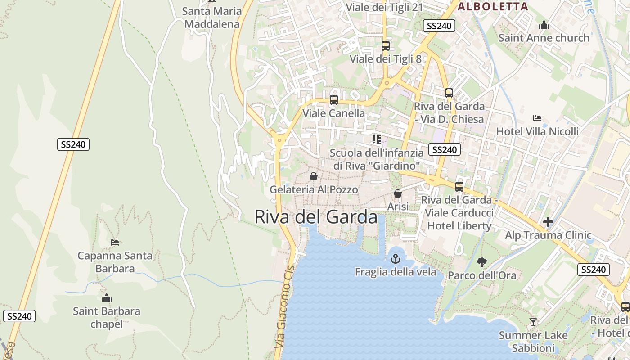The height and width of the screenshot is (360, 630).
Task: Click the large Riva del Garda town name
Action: point(316,217)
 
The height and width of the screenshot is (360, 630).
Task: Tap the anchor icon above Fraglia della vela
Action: point(395,259)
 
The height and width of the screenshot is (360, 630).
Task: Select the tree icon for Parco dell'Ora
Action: point(482,262)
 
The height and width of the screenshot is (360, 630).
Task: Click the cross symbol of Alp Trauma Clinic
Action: point(548,222)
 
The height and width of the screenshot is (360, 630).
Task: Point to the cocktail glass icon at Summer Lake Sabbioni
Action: point(533,322)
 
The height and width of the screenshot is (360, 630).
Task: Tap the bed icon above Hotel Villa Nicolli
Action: point(537,118)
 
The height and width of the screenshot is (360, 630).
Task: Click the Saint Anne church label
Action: point(544,38)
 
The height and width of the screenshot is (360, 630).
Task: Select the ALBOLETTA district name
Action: point(493,7)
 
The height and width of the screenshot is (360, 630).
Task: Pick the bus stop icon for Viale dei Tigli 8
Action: point(385,45)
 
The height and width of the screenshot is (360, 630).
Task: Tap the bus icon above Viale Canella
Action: point(333,100)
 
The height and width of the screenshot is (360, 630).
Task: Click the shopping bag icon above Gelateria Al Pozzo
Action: point(314,176)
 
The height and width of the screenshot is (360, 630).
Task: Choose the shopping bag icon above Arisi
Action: point(398,193)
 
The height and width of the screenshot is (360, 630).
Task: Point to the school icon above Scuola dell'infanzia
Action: point(377,139)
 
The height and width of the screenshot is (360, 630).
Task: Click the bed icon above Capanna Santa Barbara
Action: point(115,243)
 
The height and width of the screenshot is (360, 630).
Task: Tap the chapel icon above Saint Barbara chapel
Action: point(107,298)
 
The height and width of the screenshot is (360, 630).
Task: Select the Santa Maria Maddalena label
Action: point(212,18)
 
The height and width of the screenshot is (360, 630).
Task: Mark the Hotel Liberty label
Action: point(459,226)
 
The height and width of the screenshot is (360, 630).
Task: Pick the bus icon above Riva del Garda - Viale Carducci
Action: point(459,186)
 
